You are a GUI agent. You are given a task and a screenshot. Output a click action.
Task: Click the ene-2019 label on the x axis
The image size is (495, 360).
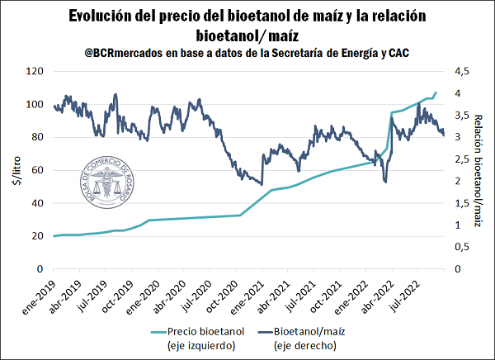coord(40,293)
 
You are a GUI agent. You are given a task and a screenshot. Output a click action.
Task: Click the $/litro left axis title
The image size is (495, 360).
coord(14,171)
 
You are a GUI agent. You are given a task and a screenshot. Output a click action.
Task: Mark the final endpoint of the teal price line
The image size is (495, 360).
coord(436,92)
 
